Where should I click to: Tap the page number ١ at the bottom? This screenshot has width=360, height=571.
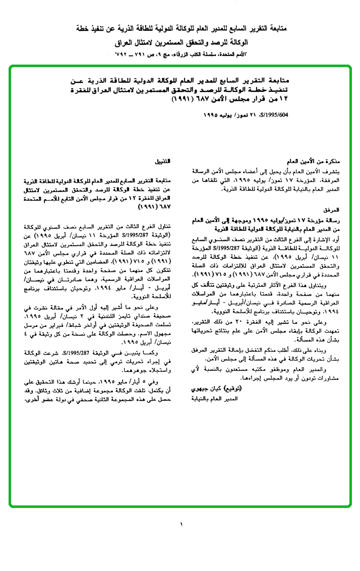pos(181,525)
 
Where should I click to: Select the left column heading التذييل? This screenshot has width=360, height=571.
pos(162,162)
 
